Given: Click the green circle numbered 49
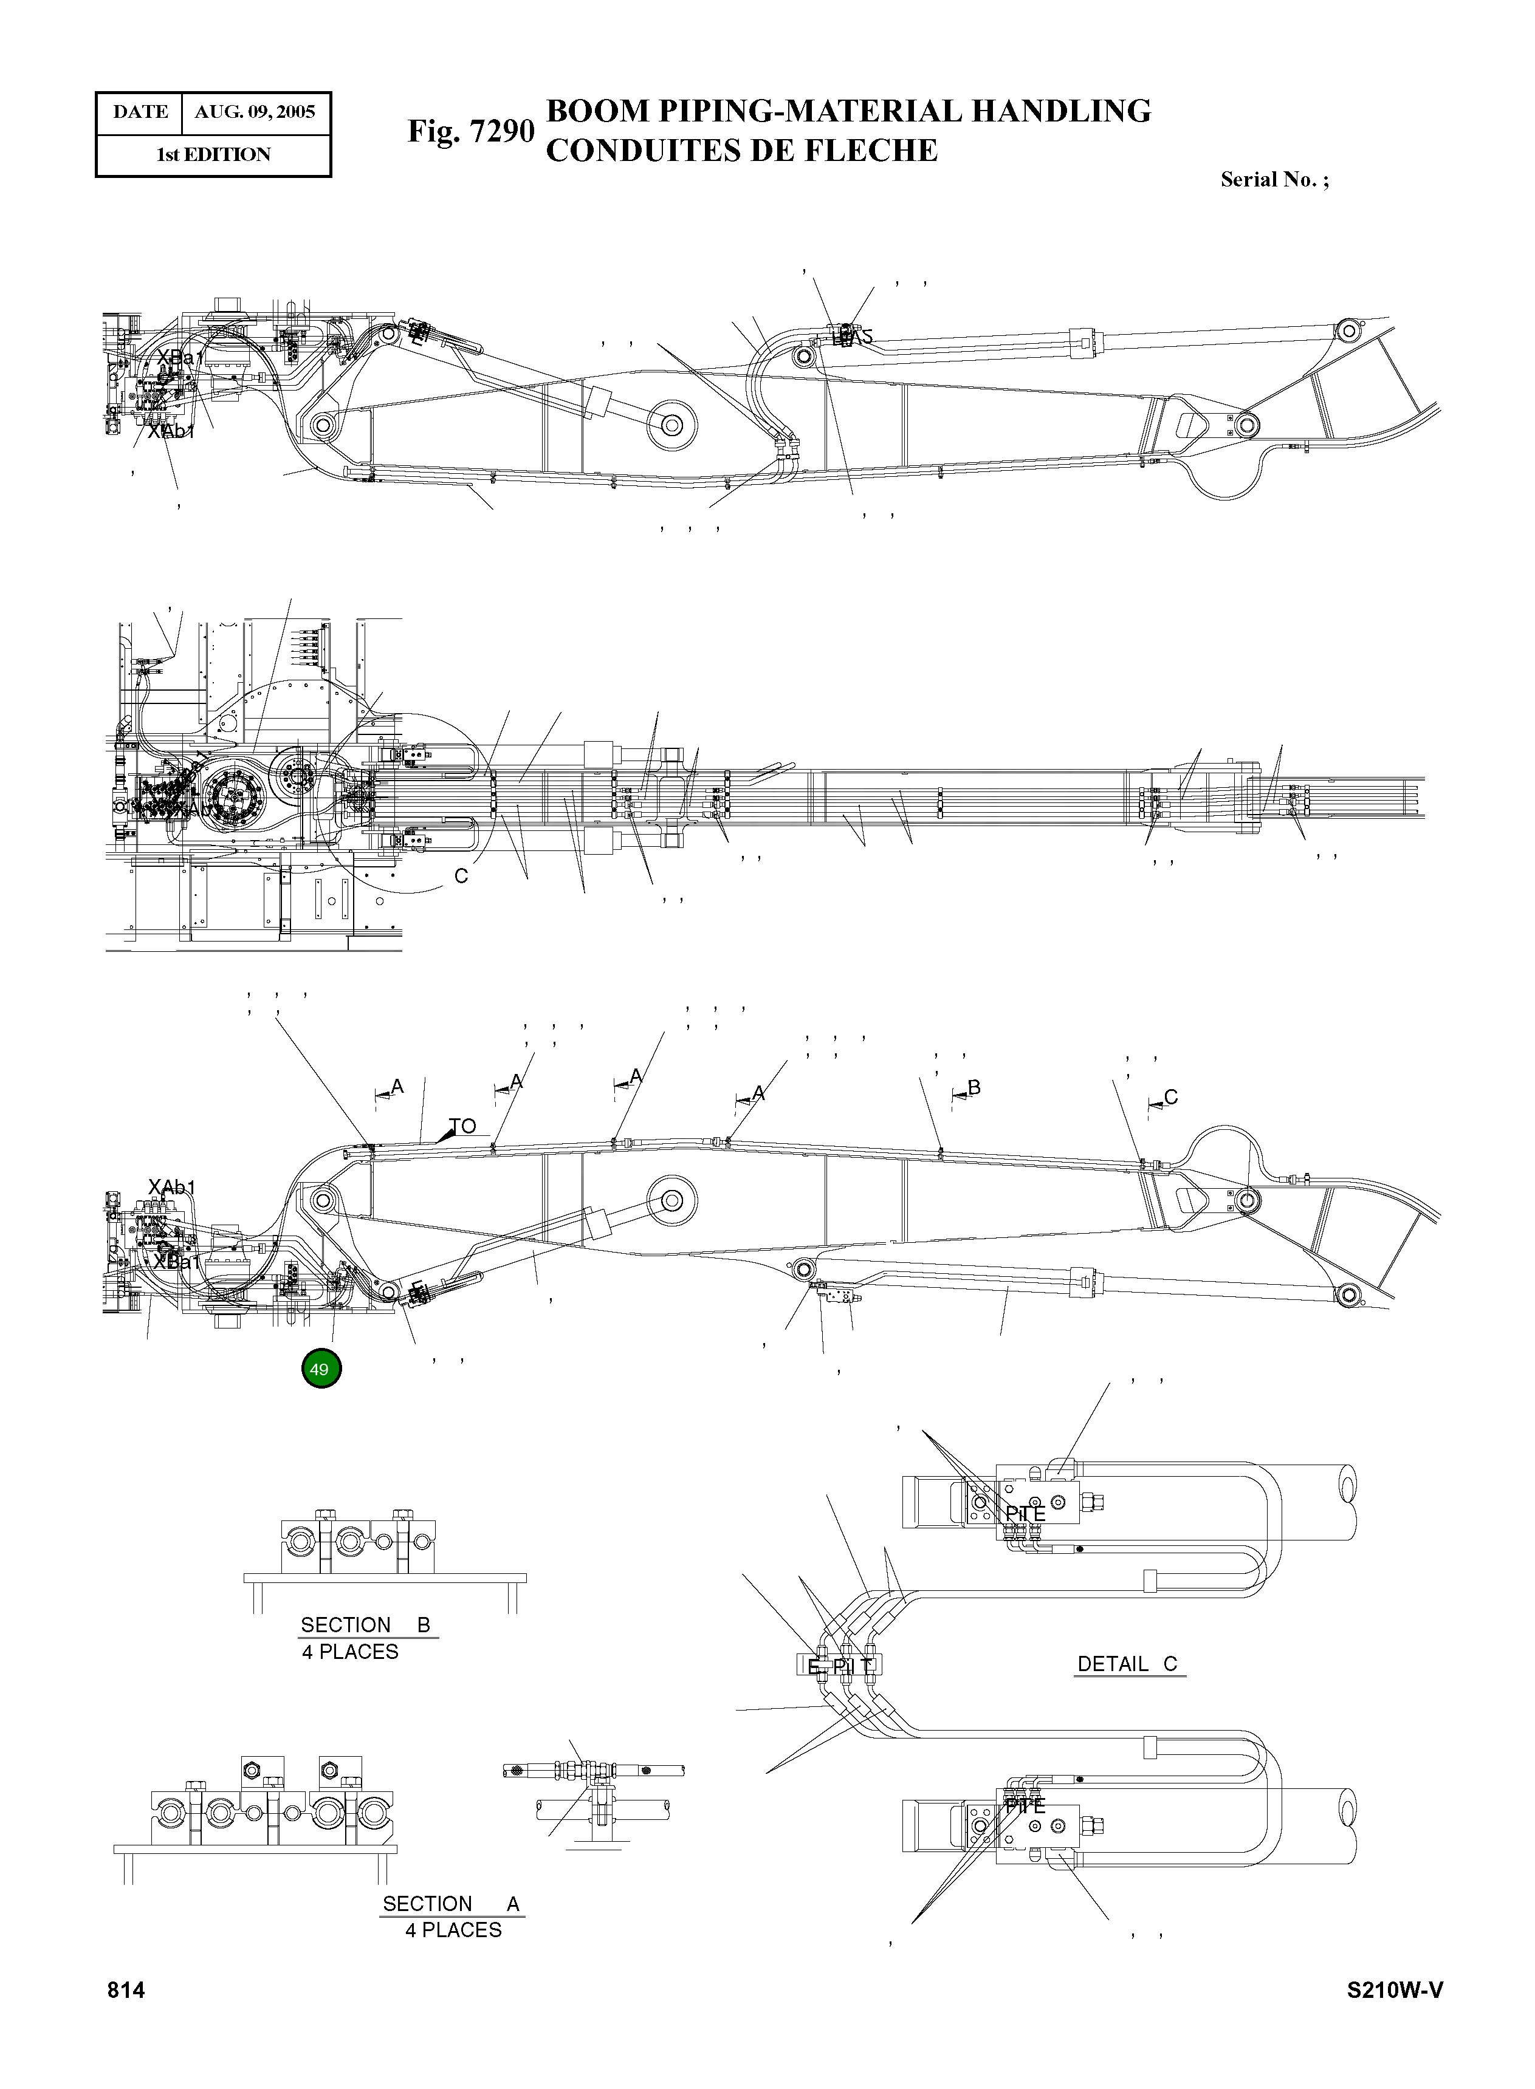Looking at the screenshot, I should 321,1370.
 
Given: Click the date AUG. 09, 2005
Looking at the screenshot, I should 255,112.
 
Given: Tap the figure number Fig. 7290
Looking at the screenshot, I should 470,131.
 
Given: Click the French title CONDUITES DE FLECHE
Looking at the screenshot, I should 741,151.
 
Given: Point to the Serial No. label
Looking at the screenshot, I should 1274,180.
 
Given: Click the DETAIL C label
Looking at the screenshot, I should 1127,1664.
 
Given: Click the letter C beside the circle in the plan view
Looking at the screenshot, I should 461,877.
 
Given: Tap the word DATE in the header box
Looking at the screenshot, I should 140,112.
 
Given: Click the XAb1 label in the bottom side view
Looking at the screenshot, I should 172,1188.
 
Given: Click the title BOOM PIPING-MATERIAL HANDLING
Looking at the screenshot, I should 847,111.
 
